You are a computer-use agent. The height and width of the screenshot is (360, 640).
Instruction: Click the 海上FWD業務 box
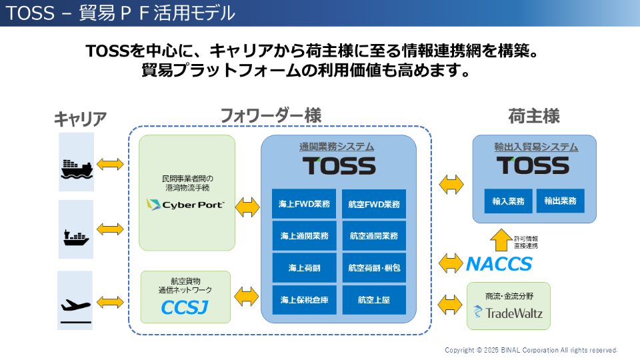(x=304, y=204)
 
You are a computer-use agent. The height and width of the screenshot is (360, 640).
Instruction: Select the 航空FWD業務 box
(x=374, y=204)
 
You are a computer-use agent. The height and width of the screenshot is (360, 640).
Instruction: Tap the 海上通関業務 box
(x=304, y=235)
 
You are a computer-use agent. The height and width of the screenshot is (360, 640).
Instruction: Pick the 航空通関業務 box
(x=374, y=235)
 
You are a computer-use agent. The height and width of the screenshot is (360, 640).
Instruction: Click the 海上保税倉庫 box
(x=304, y=299)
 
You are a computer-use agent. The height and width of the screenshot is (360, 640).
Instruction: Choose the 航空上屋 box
(x=374, y=299)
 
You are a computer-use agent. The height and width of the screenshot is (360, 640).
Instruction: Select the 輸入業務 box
(x=508, y=201)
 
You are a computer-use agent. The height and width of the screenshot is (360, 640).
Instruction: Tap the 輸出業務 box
(x=561, y=201)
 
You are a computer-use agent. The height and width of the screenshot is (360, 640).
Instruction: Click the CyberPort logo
(x=185, y=205)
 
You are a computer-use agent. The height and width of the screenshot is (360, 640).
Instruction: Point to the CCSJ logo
(x=185, y=307)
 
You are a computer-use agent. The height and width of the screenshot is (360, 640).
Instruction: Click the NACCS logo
(x=499, y=264)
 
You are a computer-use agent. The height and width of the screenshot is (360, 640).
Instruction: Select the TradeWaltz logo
(x=508, y=313)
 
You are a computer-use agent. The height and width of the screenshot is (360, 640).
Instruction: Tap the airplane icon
(x=75, y=305)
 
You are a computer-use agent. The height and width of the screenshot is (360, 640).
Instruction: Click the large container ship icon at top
(x=77, y=169)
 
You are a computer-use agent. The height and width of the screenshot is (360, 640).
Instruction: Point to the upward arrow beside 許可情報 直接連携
(x=501, y=240)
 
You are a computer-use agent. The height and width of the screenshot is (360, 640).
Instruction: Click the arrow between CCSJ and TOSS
(x=247, y=296)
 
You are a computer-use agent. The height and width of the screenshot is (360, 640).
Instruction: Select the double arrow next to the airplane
(x=110, y=303)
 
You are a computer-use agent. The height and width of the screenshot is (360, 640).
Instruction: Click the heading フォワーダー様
(x=271, y=115)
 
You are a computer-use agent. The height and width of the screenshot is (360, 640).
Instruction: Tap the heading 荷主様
(x=534, y=116)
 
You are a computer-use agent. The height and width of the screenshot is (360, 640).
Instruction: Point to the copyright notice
(x=531, y=350)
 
